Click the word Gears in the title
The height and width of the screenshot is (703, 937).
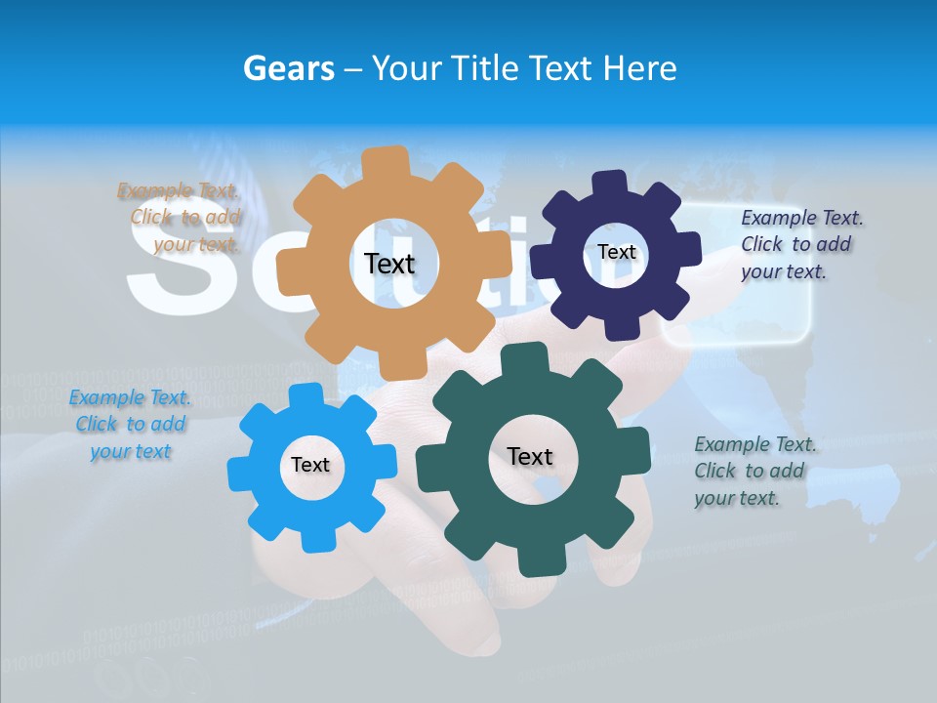(289, 68)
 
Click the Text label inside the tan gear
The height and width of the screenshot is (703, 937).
(389, 264)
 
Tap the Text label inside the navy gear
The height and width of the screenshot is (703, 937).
(616, 252)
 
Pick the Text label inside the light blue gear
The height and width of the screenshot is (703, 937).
(310, 465)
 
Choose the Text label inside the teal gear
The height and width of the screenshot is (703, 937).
(530, 456)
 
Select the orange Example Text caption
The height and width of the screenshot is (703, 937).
(181, 218)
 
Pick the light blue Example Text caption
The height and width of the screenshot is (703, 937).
(130, 425)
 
